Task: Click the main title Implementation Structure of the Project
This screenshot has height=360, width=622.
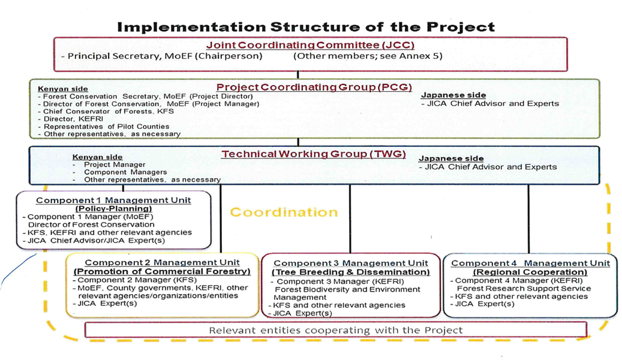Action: pos(306,27)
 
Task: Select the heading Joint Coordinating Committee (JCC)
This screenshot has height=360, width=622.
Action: pos(310,45)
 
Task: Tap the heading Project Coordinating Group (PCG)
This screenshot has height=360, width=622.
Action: pos(314,88)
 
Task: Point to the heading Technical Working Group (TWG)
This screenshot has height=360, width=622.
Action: pos(313,154)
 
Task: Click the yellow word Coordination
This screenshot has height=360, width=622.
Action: pos(284,212)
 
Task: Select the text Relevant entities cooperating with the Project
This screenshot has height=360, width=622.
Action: pos(336,330)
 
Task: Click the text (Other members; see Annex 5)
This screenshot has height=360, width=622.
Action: pos(368,56)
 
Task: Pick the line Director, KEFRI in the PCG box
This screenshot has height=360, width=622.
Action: pos(71,119)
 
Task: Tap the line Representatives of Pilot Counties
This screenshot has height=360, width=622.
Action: pos(104,126)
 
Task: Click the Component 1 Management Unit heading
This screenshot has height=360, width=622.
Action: pos(113,200)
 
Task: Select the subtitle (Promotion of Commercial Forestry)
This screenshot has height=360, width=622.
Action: pos(162,271)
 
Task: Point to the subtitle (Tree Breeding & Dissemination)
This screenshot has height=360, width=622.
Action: pos(351,272)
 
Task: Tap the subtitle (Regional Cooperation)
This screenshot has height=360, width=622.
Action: pos(530,272)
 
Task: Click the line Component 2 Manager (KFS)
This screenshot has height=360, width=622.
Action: pos(134,280)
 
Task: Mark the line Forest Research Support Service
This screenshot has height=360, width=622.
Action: pos(524,289)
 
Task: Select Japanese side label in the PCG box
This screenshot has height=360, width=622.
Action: pos(453,95)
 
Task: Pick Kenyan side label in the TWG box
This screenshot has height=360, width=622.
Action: pos(97,157)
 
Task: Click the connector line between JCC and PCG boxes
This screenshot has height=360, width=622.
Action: pos(298,75)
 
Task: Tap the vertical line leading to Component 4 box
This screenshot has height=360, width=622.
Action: pos(528,219)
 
